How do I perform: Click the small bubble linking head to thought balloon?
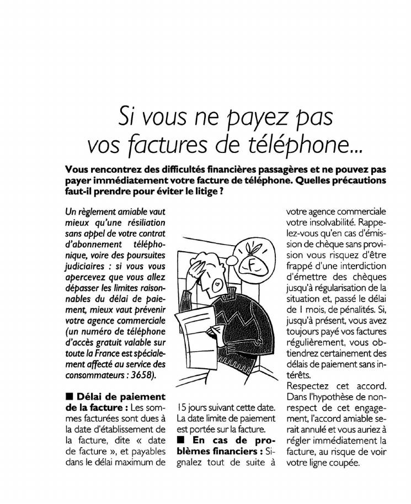click(x=233, y=267)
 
